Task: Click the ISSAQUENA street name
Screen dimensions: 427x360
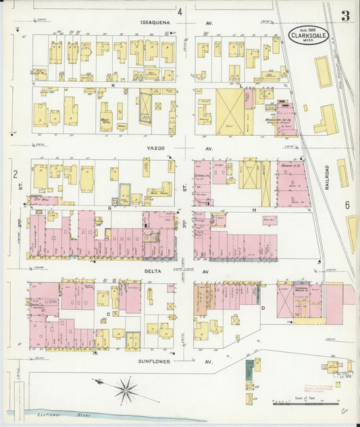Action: pos(155,22)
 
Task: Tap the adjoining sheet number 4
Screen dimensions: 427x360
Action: pos(180,11)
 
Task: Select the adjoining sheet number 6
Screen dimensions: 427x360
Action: pos(346,205)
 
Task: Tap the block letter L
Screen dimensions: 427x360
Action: pos(241,86)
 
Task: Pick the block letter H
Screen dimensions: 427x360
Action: pos(255,210)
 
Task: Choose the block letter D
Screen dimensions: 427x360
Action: pos(263,308)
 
